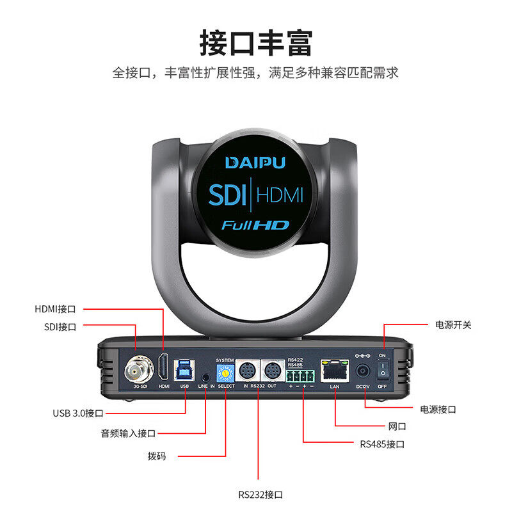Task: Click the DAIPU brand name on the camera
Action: pyautogui.click(x=255, y=163)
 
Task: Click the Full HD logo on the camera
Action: pyautogui.click(x=255, y=225)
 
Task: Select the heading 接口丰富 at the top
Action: pyautogui.click(x=255, y=44)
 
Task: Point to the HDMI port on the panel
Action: pyautogui.click(x=164, y=368)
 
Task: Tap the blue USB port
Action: pyautogui.click(x=185, y=369)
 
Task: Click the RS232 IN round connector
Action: pyautogui.click(x=246, y=370)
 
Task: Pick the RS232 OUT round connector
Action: pyautogui.click(x=272, y=370)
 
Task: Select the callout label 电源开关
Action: pyautogui.click(x=452, y=325)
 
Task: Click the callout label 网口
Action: pyautogui.click(x=397, y=426)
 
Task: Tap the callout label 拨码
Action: pyautogui.click(x=156, y=456)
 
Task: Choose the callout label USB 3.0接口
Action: pyautogui.click(x=77, y=413)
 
